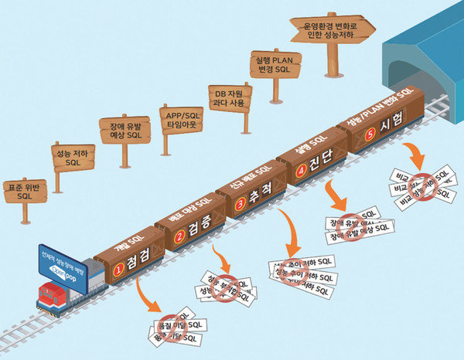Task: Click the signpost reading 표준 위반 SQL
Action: pos(26,192)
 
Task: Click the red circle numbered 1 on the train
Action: pos(119,270)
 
